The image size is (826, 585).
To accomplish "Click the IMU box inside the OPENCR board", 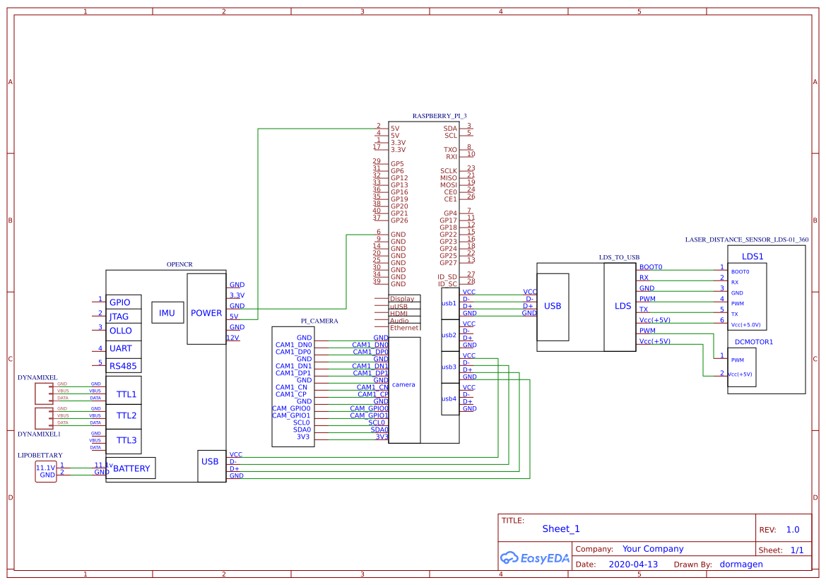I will [167, 313].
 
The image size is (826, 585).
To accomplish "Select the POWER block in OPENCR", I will [206, 313].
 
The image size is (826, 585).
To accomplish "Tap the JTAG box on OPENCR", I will [120, 317].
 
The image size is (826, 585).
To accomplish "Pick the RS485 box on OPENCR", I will [122, 365].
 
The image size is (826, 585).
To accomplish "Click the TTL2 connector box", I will [126, 416].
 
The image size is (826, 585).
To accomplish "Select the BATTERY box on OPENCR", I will [131, 468].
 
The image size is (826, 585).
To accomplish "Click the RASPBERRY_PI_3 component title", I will [439, 115].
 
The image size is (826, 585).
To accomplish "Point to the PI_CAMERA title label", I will [319, 321].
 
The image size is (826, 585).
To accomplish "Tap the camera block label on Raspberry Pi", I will [403, 384].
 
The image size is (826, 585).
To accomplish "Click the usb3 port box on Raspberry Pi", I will [449, 367].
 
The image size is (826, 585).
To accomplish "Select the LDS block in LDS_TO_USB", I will [623, 306].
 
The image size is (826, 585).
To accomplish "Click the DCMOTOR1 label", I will [754, 342].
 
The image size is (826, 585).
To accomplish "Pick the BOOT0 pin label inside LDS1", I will [740, 271].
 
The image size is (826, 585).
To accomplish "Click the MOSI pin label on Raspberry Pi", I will [448, 185].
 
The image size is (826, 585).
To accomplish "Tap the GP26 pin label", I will [399, 220].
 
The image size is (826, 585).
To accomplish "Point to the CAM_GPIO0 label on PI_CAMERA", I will [291, 408].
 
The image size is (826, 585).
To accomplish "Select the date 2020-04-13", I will [632, 565].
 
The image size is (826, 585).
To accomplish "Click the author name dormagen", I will [741, 565].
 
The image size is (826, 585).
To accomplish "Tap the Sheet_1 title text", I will [560, 528].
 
